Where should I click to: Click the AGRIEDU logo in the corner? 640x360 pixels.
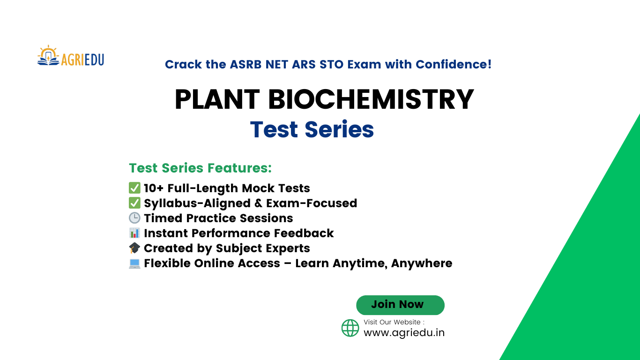[71, 56]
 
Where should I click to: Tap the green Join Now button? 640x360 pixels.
[400, 305]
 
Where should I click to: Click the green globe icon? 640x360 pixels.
[350, 328]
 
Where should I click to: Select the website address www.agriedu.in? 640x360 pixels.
[404, 332]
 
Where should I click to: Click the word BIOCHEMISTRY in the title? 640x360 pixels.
[371, 99]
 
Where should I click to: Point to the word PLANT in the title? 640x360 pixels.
[217, 99]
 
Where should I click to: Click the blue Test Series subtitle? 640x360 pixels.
[312, 129]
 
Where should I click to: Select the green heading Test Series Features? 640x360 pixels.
[200, 168]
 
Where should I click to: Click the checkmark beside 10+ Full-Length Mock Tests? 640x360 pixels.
[134, 188]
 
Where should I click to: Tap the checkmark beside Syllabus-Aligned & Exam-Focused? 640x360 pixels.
[134, 203]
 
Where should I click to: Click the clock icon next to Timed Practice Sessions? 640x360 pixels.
[134, 218]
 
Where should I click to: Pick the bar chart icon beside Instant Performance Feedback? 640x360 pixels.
[134, 233]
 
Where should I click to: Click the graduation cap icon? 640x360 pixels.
[134, 248]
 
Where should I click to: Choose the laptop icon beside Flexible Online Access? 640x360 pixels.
[134, 263]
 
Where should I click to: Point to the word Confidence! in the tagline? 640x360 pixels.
[454, 64]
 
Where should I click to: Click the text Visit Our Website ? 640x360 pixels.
[394, 322]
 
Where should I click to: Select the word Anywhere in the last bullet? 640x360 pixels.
[421, 263]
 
